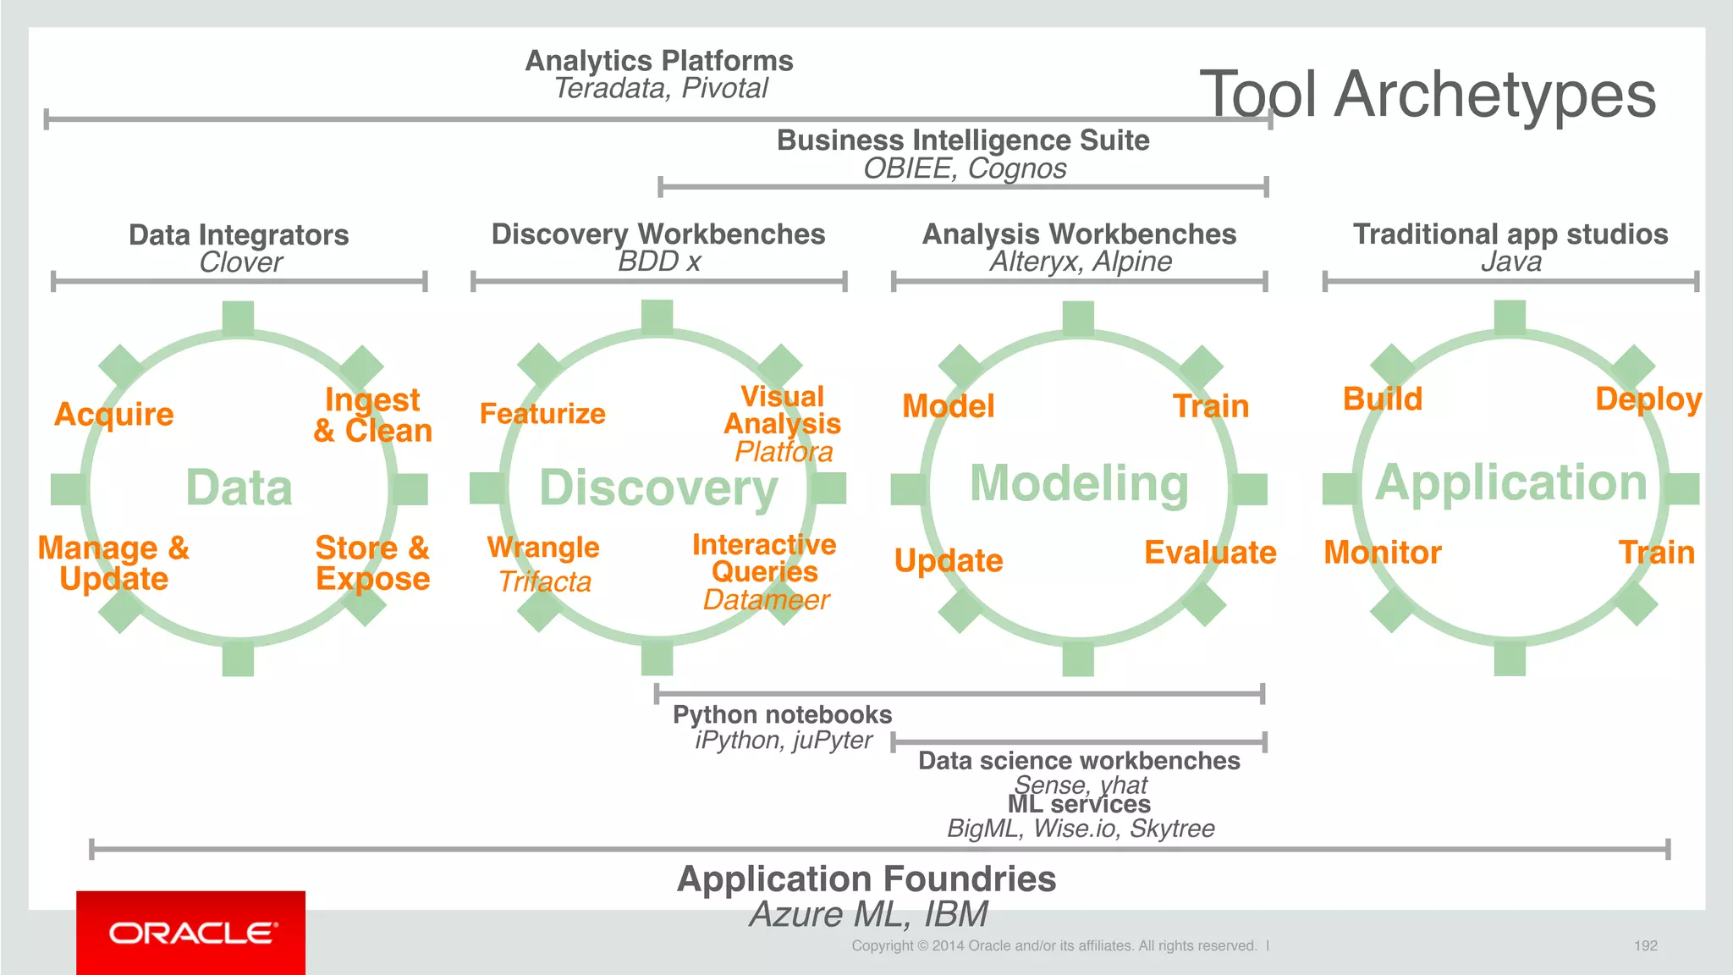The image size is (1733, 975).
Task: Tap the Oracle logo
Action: (x=191, y=933)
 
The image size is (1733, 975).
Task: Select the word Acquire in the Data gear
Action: (x=114, y=415)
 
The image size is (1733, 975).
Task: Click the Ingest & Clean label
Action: (x=372, y=416)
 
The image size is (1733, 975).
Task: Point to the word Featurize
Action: (x=542, y=414)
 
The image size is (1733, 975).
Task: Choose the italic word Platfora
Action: (x=784, y=452)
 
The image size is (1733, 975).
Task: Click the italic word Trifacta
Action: (x=544, y=582)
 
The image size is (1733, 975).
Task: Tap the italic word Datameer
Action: (x=766, y=600)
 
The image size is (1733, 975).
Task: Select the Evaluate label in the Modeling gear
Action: (x=1210, y=553)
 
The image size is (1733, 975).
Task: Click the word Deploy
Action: (x=1648, y=399)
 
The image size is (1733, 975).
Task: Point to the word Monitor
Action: (x=1382, y=553)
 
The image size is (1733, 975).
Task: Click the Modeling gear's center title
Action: (x=1079, y=483)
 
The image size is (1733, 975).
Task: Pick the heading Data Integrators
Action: (x=239, y=234)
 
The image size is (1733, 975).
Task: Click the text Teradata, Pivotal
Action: (x=661, y=88)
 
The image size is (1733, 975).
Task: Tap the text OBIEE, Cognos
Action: (x=965, y=168)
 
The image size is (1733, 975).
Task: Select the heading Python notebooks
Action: (x=782, y=714)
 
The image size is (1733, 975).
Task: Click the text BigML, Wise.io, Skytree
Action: (x=1081, y=828)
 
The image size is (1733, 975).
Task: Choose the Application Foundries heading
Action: (x=866, y=879)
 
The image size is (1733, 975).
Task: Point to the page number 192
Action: (x=1645, y=945)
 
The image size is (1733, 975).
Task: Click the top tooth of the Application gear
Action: (x=1510, y=317)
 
